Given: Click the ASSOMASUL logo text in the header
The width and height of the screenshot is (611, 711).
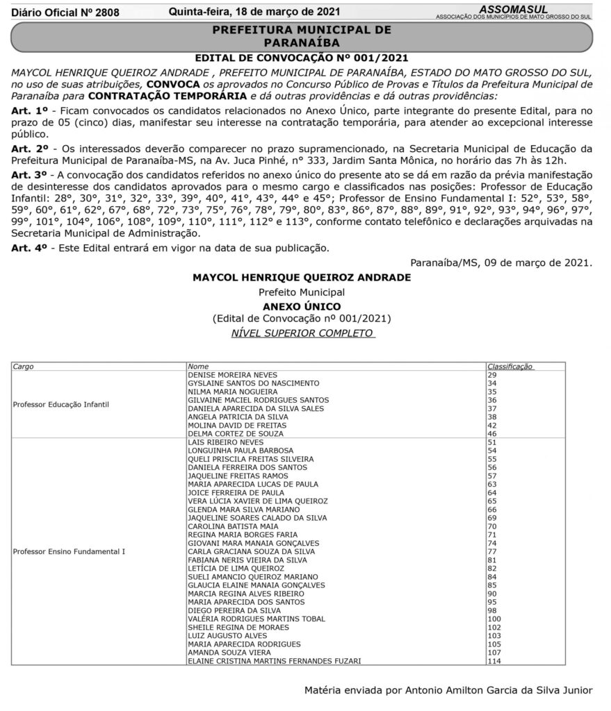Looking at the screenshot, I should coord(513,8).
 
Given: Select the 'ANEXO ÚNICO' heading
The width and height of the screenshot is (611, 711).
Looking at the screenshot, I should coord(302,306).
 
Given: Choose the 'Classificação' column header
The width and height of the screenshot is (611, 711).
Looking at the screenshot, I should coord(510,365).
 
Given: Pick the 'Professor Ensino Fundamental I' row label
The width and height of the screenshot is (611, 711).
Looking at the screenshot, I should coord(69,551).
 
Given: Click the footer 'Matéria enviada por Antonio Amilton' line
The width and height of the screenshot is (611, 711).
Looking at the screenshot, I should coord(448,691).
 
